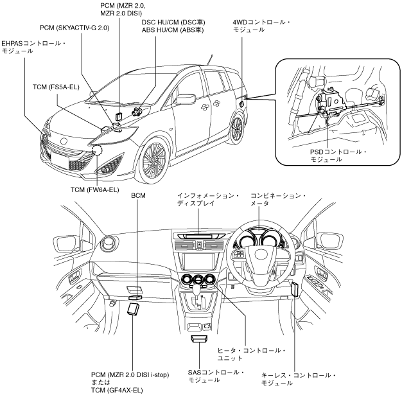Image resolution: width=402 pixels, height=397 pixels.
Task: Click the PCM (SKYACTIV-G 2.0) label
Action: (74, 28)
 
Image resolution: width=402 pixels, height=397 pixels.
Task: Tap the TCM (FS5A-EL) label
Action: (56, 87)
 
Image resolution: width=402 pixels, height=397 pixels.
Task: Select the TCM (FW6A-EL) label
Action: (95, 190)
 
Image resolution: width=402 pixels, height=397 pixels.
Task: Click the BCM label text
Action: (138, 196)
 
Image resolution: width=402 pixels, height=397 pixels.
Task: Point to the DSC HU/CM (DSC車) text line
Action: (173, 22)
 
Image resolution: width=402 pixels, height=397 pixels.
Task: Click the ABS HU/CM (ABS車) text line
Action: (173, 30)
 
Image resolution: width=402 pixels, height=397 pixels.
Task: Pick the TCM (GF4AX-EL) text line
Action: (117, 391)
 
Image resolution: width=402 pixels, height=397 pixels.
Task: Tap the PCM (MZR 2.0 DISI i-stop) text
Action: (130, 375)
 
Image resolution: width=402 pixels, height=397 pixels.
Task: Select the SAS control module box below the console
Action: (199, 339)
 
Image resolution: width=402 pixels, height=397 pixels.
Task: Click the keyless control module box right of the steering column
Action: (295, 289)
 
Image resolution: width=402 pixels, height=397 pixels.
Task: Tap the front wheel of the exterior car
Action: (154, 162)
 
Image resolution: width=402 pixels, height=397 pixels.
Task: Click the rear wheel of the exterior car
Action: (236, 128)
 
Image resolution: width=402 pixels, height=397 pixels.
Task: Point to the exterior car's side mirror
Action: (185, 99)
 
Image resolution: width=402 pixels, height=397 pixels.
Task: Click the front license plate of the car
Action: (60, 161)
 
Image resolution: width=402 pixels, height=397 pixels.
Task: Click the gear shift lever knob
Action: (197, 290)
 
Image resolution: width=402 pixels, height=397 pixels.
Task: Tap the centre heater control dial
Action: (198, 280)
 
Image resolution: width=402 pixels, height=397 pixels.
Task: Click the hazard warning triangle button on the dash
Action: (200, 245)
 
